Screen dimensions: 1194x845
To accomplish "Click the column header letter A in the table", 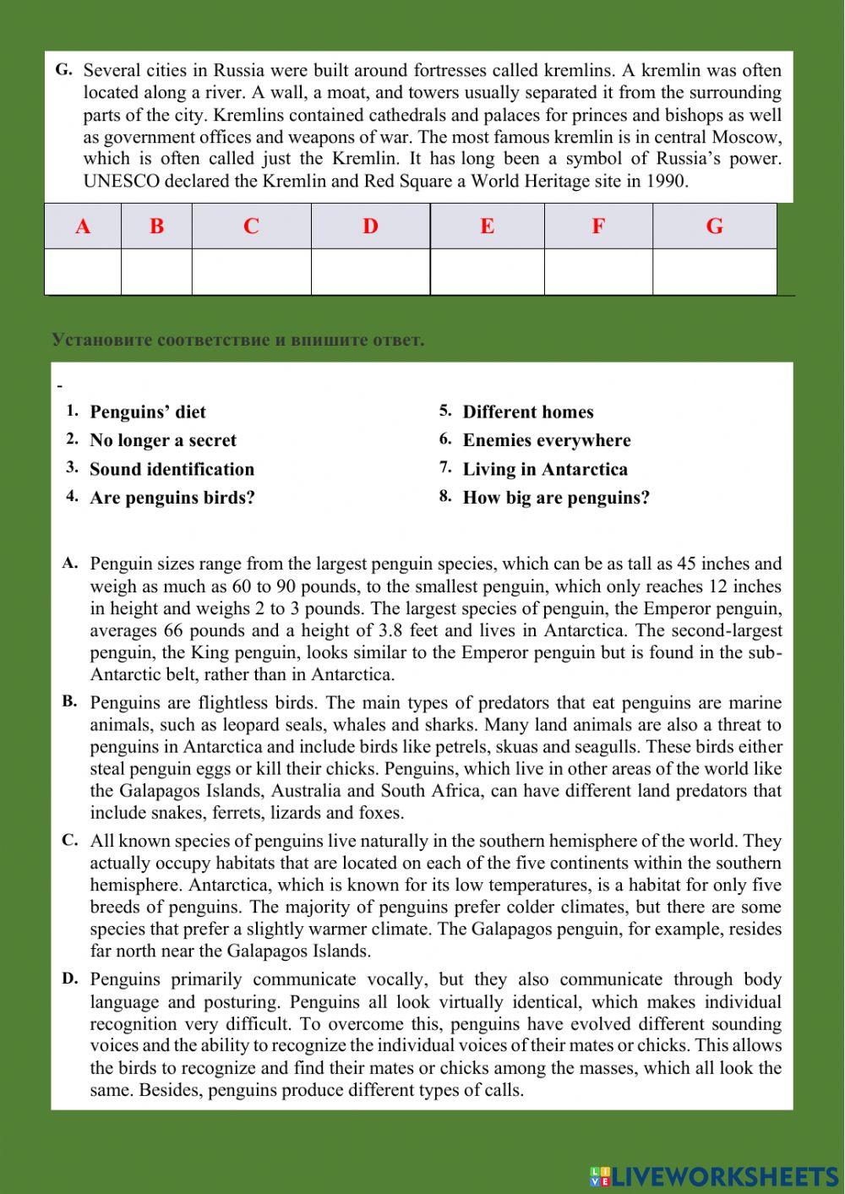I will pos(83,226).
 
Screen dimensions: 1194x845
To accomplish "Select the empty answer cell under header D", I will pos(370,271).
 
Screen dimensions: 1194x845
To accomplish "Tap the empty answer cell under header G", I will pos(714,271).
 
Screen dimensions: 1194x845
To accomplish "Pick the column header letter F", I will pos(598,226).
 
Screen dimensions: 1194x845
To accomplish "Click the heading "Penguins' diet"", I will pos(148,412).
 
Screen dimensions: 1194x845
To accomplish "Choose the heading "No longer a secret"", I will pos(163,440).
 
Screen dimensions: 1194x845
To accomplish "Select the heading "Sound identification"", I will pos(172,469).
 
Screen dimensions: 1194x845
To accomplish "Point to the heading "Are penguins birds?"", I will pos(172,498).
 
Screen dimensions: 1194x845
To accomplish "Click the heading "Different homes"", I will pos(528,412).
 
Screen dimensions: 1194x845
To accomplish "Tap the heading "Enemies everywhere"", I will pos(547,440).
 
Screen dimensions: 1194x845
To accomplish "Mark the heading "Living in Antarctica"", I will pos(545,469).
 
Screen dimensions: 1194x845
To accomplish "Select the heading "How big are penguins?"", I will pos(556,498).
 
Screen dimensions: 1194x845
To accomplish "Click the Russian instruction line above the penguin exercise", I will pos(237,340).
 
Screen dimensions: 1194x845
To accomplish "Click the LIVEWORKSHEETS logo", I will pos(714,1175).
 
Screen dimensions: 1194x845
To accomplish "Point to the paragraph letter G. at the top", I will pos(64,70).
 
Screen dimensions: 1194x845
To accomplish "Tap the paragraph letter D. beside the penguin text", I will pos(70,979).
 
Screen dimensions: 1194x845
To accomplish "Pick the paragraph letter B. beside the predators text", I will pos(70,701).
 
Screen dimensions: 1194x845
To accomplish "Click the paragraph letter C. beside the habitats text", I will pos(70,840).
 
